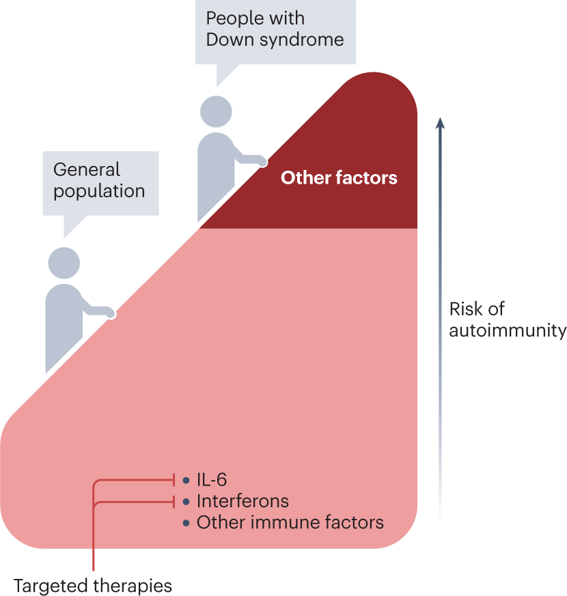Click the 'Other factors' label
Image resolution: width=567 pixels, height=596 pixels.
click(x=339, y=178)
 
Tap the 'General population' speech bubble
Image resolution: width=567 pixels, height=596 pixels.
click(x=99, y=180)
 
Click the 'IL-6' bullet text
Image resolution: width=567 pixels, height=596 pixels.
click(x=211, y=480)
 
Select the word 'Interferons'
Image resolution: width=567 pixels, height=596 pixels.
click(x=243, y=501)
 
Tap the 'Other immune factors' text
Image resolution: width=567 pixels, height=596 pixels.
click(x=290, y=523)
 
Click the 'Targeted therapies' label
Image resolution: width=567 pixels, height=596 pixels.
click(x=93, y=585)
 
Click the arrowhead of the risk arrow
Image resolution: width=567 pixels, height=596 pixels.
click(x=441, y=123)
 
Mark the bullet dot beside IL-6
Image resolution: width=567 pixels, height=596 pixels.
click(x=186, y=481)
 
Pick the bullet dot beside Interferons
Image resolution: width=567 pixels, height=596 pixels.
click(x=186, y=502)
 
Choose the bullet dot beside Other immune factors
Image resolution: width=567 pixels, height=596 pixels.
click(x=186, y=524)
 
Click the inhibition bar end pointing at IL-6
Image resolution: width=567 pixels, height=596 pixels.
click(x=175, y=480)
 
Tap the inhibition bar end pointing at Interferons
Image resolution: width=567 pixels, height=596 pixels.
click(x=175, y=502)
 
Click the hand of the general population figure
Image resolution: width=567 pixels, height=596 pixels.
click(x=111, y=313)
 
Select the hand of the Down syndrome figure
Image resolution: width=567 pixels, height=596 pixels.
click(x=262, y=161)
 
